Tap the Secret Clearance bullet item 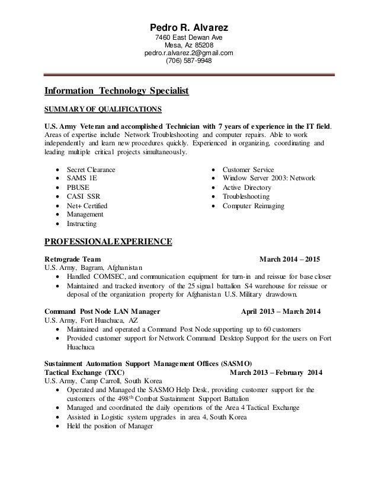click(x=91, y=170)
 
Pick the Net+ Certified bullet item click(x=87, y=205)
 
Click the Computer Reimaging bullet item click(x=253, y=205)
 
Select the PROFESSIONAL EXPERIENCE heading click(x=108, y=241)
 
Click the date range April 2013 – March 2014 click(x=282, y=311)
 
